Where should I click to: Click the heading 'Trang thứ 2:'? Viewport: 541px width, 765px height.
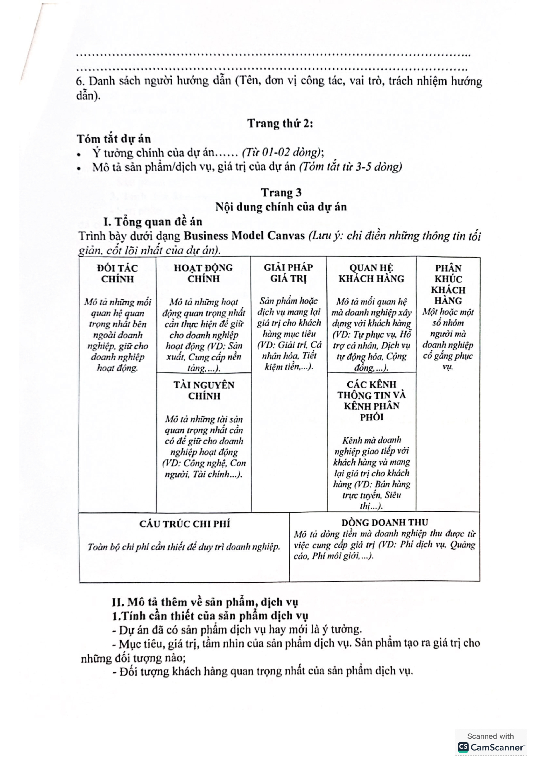280,124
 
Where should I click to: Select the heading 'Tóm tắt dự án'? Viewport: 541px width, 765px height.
114,139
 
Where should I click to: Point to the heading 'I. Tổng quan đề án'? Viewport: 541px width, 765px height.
153,222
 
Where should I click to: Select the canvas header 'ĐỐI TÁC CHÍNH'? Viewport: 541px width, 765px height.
117,273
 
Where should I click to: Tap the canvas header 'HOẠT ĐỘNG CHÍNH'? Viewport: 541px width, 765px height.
203,273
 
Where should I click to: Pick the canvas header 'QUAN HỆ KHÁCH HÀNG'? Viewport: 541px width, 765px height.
371,273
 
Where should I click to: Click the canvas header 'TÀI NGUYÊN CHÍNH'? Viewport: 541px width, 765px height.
204,390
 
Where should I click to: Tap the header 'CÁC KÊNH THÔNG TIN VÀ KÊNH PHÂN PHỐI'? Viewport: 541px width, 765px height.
371,401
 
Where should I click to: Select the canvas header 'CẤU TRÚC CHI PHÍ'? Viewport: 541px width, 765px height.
184,524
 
